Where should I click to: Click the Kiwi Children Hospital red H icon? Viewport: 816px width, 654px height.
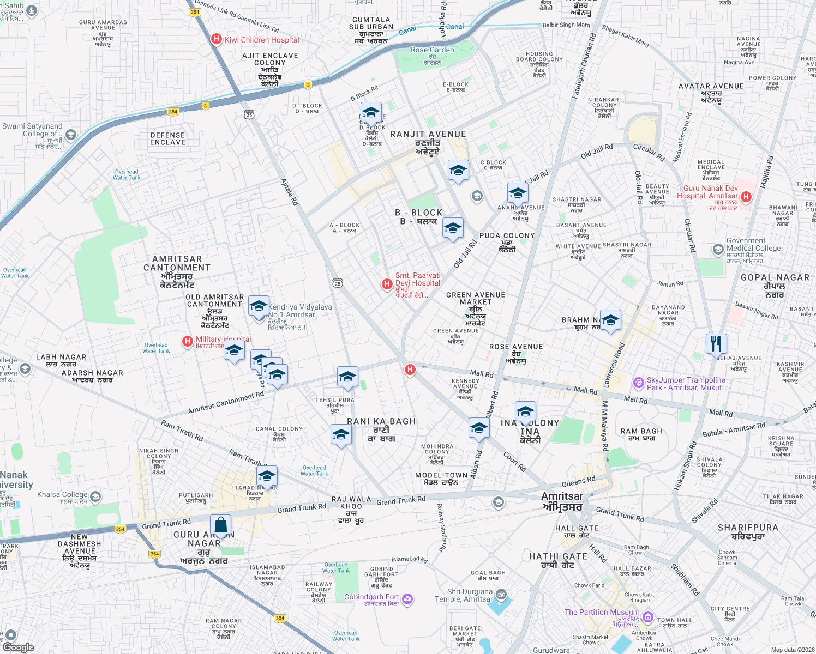click(x=217, y=39)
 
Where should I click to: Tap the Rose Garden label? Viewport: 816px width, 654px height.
click(x=432, y=50)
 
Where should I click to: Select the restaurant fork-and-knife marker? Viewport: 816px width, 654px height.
click(x=716, y=344)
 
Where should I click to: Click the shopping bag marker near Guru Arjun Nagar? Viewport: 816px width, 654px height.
click(x=220, y=526)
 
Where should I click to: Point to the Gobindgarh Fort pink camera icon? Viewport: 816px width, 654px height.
click(x=407, y=599)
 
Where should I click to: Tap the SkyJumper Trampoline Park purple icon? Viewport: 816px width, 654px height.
click(x=638, y=383)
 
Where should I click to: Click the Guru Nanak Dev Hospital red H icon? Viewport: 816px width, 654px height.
click(x=746, y=196)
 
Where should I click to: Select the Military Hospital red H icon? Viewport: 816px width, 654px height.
click(x=188, y=341)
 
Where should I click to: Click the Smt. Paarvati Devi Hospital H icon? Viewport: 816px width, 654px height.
click(x=387, y=284)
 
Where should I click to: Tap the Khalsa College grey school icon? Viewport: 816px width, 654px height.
click(x=95, y=496)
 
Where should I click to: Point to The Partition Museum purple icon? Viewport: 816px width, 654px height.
click(x=647, y=617)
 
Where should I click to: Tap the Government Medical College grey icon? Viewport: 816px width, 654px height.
click(x=718, y=250)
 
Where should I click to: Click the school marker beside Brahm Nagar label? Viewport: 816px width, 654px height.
click(x=610, y=320)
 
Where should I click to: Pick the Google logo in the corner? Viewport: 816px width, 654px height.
click(x=18, y=647)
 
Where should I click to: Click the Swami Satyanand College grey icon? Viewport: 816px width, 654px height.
click(x=70, y=135)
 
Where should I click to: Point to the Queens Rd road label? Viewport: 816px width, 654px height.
click(x=578, y=482)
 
